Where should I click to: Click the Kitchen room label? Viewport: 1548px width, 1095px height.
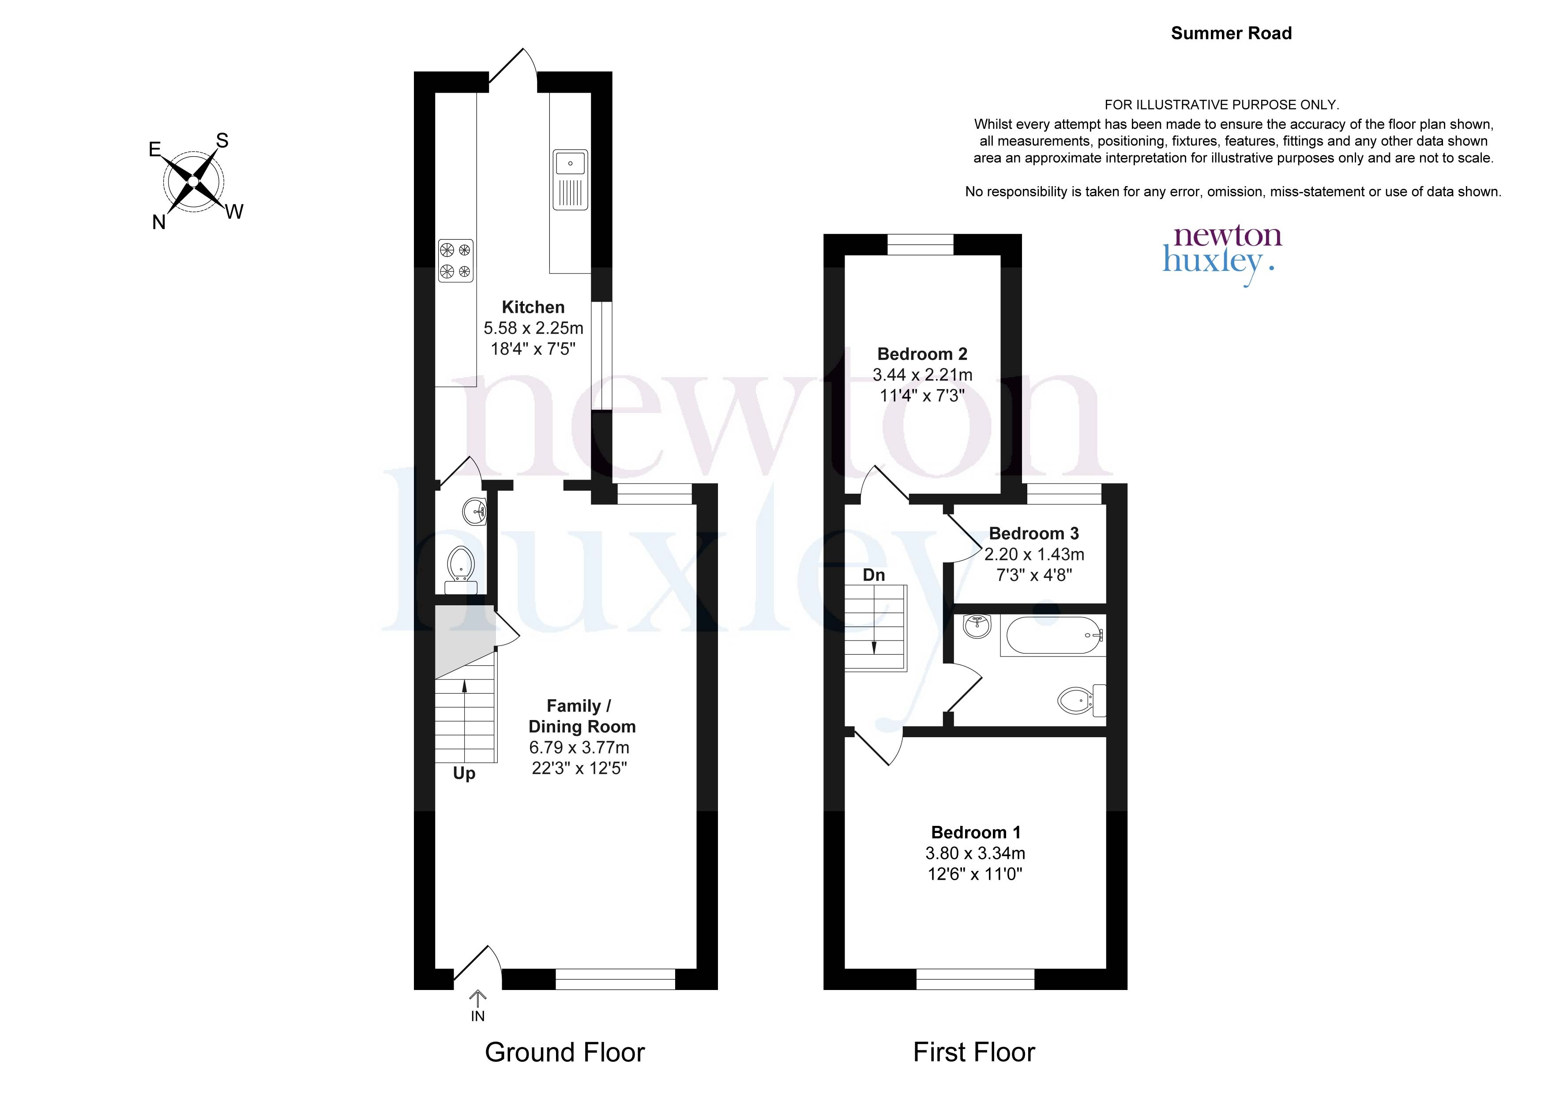(x=534, y=307)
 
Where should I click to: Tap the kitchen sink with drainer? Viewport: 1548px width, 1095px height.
(x=571, y=180)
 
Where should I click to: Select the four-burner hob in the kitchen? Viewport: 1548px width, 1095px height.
(x=456, y=261)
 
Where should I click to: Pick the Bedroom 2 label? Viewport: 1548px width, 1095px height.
(x=922, y=354)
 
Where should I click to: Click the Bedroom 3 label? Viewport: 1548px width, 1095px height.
(x=1034, y=533)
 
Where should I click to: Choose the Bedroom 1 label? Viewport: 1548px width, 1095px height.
(x=976, y=832)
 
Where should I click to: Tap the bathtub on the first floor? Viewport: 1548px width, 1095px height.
(x=1053, y=635)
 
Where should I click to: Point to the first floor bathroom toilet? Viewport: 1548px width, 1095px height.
(x=1082, y=701)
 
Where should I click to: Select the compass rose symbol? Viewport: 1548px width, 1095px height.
(x=194, y=181)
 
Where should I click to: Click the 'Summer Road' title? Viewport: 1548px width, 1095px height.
(x=1231, y=33)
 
